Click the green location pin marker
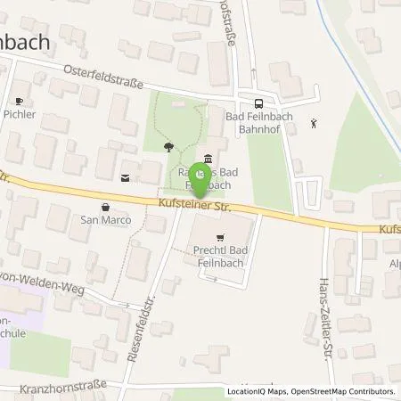pyautogui.click(x=200, y=182)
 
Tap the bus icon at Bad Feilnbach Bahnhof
pyautogui.click(x=258, y=104)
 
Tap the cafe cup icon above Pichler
pyautogui.click(x=20, y=102)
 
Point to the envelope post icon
pyautogui.click(x=125, y=176)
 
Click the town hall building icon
pyautogui.click(x=208, y=160)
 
